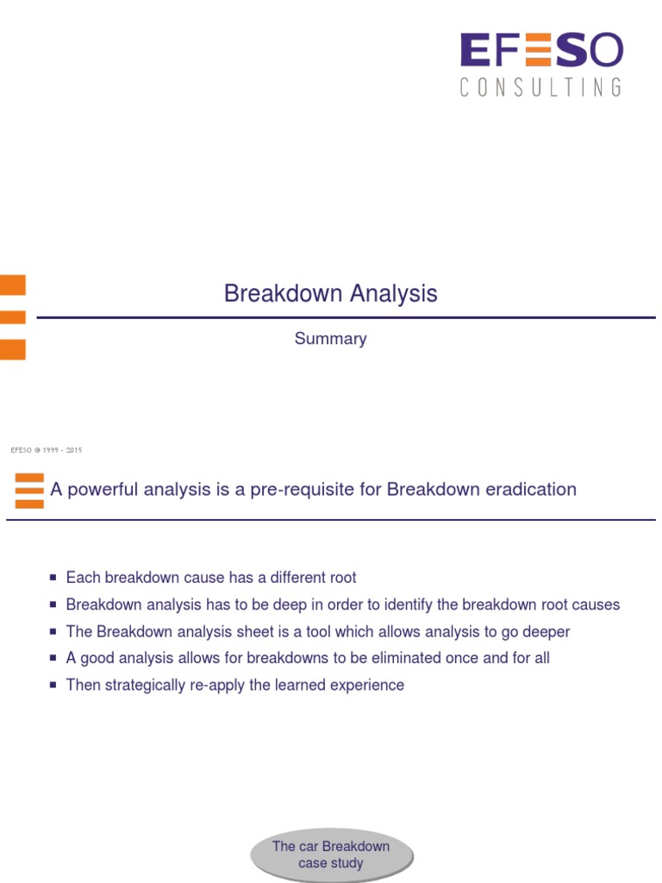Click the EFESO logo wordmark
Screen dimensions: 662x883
pyautogui.click(x=541, y=49)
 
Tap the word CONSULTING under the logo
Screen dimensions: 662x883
pyautogui.click(x=541, y=87)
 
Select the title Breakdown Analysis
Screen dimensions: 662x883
pyautogui.click(x=330, y=293)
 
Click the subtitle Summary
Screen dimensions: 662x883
pyautogui.click(x=330, y=338)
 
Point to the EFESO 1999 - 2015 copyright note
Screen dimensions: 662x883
pyautogui.click(x=47, y=450)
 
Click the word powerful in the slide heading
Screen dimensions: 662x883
pyautogui.click(x=103, y=490)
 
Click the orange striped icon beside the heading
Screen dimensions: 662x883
pyautogui.click(x=29, y=491)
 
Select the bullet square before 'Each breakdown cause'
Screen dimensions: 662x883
pyautogui.click(x=53, y=577)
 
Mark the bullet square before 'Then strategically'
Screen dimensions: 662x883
pyautogui.click(x=53, y=686)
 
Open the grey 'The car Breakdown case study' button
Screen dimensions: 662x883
pyautogui.click(x=332, y=855)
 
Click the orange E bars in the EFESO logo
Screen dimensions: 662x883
pyautogui.click(x=538, y=49)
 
